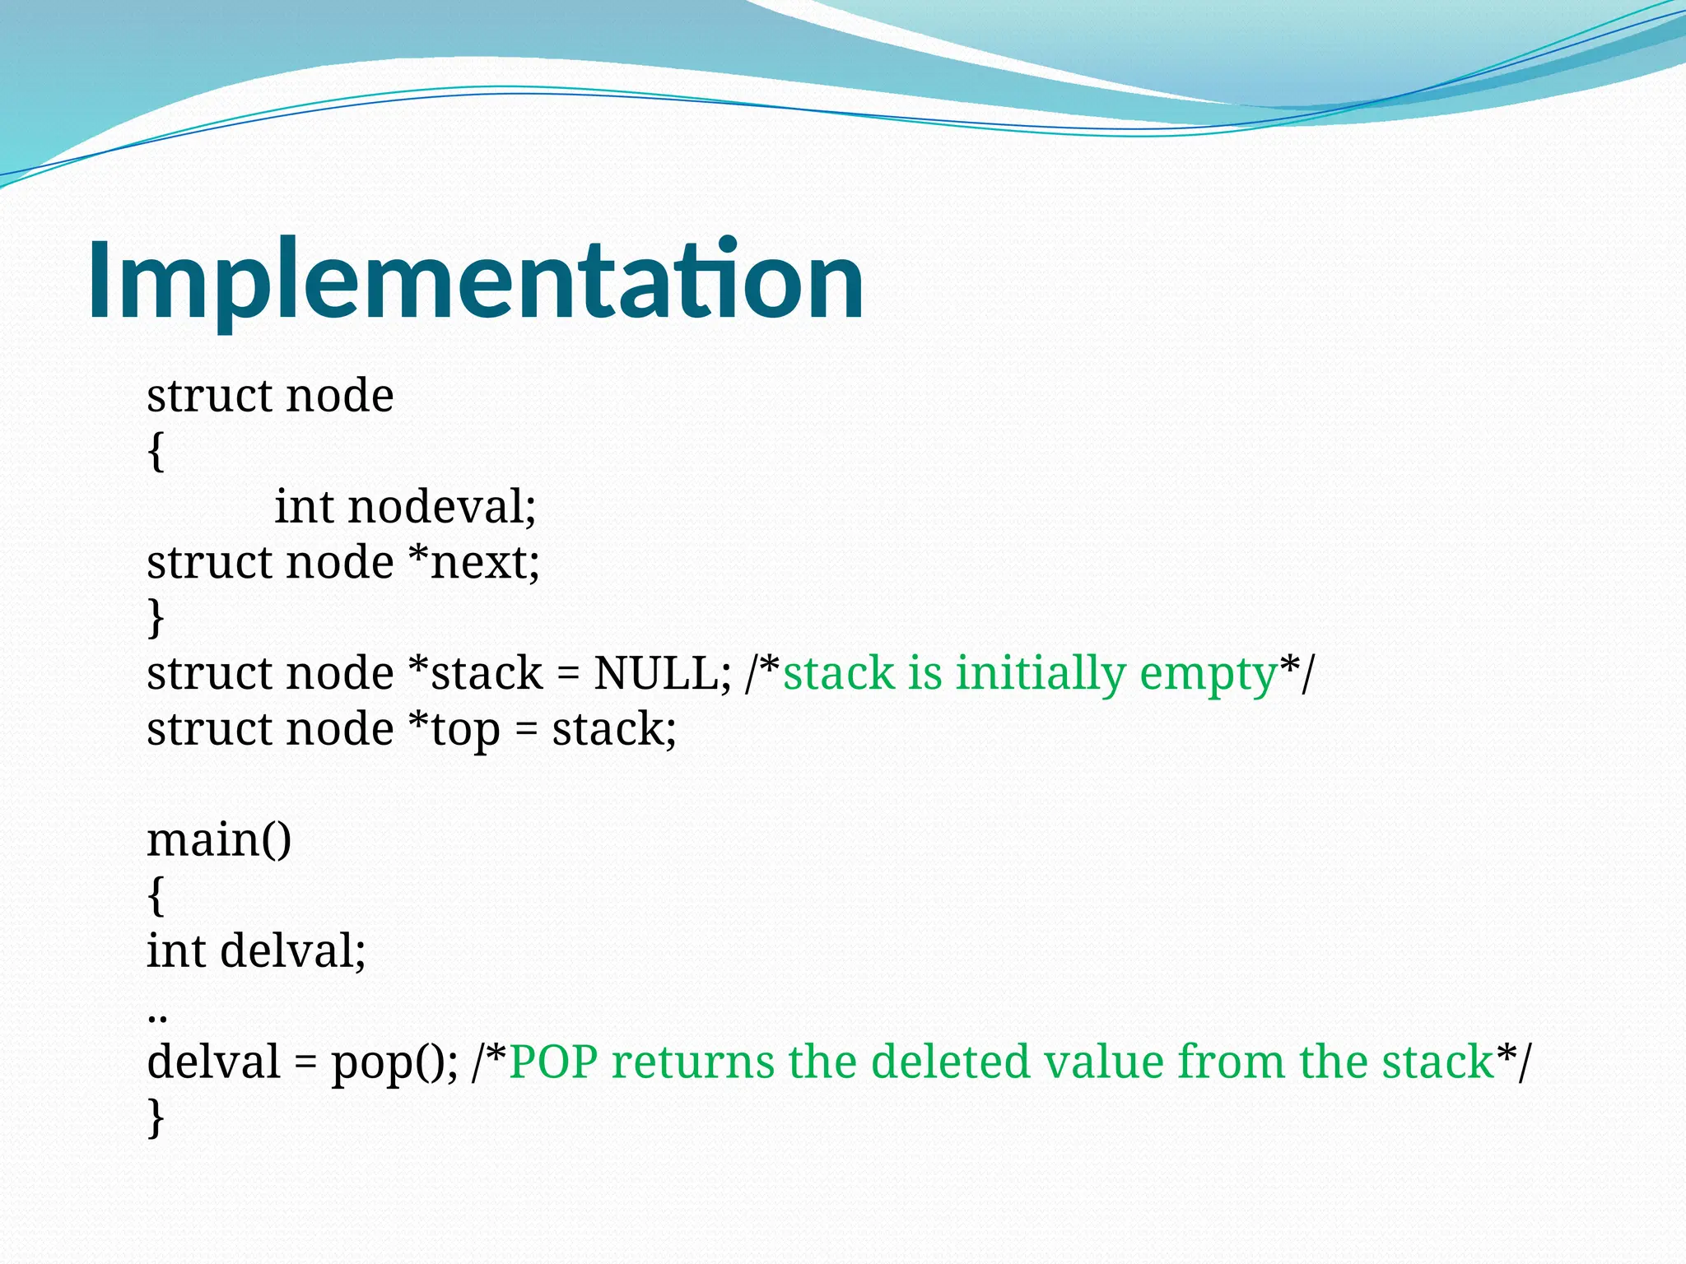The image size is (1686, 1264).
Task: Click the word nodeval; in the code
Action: click(x=442, y=506)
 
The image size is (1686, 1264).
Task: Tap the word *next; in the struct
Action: click(x=474, y=563)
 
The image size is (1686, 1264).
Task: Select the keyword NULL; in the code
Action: click(x=662, y=673)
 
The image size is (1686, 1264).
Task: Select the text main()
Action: click(x=219, y=840)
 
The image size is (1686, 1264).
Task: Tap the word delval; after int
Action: click(x=292, y=950)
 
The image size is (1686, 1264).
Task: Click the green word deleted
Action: click(x=950, y=1062)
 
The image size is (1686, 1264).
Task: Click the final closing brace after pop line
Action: click(x=156, y=1118)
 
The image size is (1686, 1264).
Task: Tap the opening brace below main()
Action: click(x=156, y=895)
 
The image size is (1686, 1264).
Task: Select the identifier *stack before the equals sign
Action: click(x=475, y=673)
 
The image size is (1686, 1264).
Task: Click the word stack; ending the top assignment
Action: click(x=613, y=730)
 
